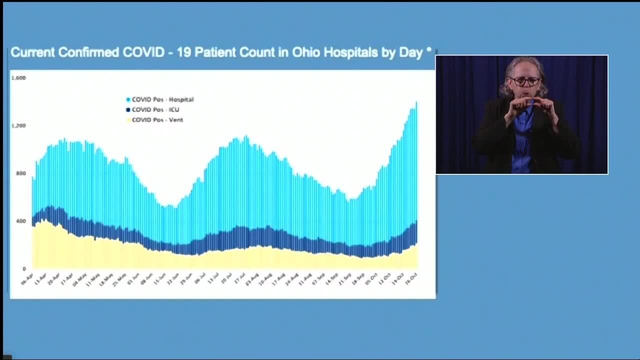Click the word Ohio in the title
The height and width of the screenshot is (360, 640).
(x=307, y=52)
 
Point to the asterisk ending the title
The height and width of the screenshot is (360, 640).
(x=429, y=51)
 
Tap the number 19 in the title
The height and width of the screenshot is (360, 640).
(x=183, y=52)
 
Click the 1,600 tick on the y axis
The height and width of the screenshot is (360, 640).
(x=18, y=78)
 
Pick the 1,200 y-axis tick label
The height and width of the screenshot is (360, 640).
(x=18, y=125)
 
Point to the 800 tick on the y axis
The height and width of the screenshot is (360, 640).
(x=20, y=173)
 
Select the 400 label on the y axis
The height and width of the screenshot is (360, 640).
(x=20, y=221)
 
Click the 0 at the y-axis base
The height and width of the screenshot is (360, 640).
(x=23, y=269)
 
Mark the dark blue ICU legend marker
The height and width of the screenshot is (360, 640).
(x=128, y=109)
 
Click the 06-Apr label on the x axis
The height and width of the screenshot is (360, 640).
(x=27, y=279)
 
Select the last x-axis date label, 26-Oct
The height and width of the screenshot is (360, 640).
(x=411, y=278)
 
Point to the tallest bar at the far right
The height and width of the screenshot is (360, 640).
(x=416, y=150)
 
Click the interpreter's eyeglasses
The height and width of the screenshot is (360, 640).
(x=525, y=81)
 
